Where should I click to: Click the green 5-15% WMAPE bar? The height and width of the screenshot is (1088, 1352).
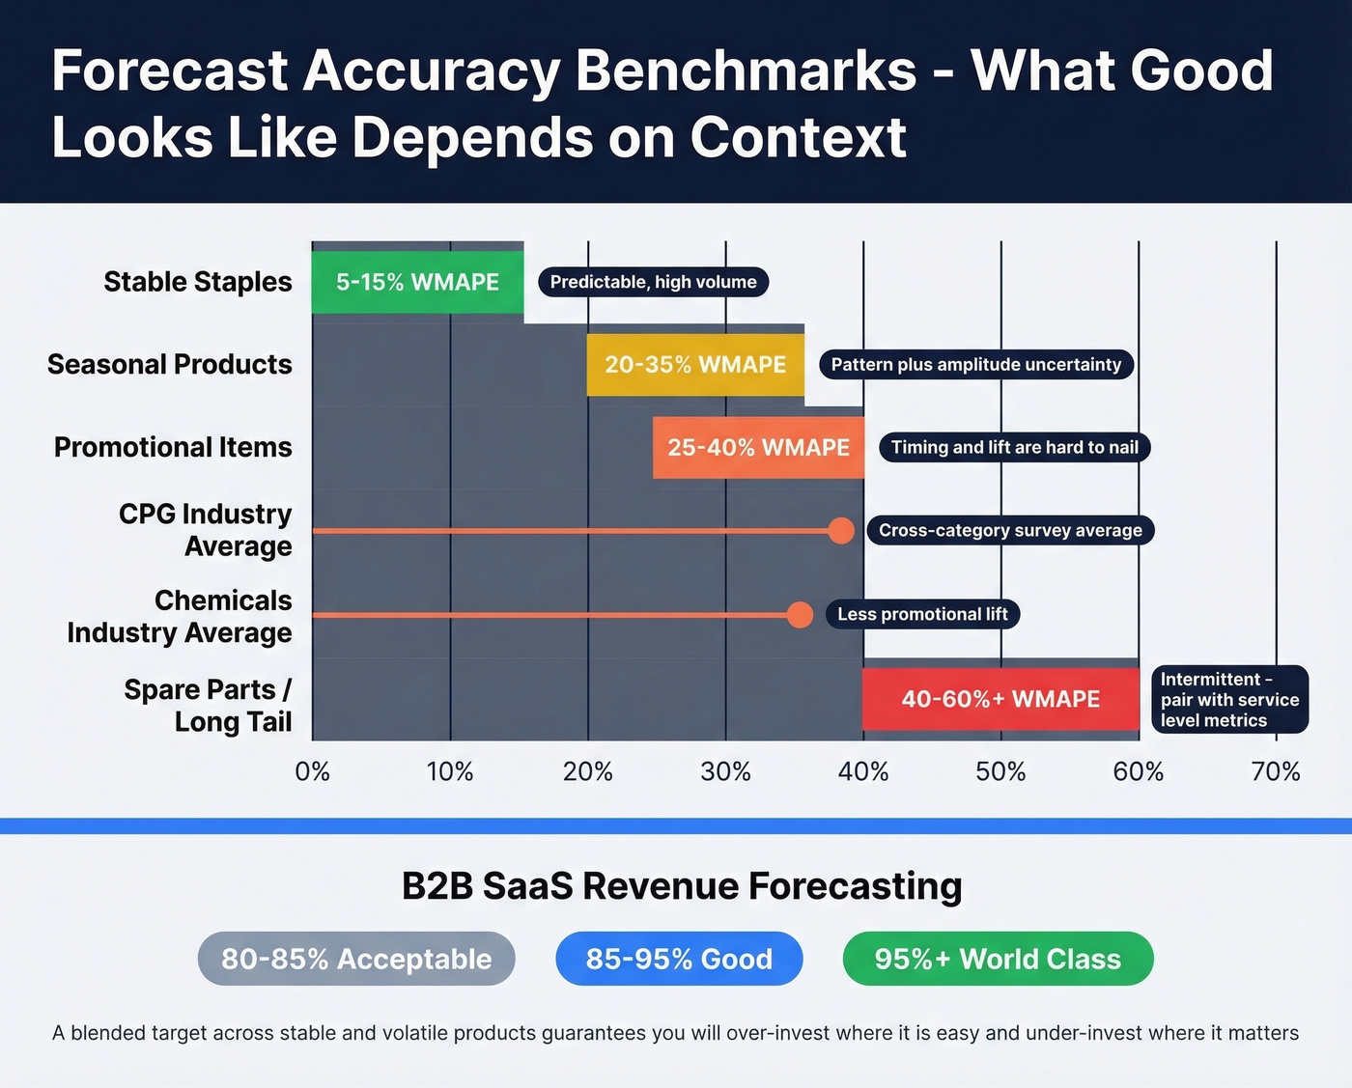(x=417, y=282)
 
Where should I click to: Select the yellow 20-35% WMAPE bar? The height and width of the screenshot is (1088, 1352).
(x=695, y=365)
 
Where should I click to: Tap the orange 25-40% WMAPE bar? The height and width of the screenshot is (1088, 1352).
(x=758, y=448)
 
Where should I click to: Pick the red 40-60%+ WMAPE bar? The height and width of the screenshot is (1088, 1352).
(x=1000, y=699)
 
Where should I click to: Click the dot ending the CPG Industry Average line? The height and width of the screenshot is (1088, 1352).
(x=841, y=531)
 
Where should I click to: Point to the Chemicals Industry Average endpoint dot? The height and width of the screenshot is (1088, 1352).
(x=800, y=615)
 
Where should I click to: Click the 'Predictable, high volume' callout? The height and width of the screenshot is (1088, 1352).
(x=653, y=282)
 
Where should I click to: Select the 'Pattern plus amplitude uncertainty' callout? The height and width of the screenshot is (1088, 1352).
(x=975, y=365)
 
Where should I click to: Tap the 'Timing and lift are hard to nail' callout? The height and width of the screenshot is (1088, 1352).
(x=1014, y=448)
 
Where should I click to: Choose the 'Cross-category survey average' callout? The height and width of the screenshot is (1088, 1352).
(x=1010, y=531)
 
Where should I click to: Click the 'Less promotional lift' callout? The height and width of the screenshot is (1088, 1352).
(x=922, y=615)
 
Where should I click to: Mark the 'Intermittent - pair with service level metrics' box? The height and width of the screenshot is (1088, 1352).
(x=1228, y=700)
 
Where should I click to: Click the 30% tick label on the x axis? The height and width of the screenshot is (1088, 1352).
(x=725, y=772)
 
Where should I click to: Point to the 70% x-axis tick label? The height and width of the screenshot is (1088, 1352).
(x=1276, y=772)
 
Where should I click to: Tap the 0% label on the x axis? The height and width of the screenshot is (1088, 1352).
(x=312, y=772)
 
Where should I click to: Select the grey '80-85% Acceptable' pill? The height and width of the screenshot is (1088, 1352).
(x=356, y=959)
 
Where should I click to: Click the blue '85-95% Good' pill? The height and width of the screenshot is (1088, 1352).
(x=679, y=959)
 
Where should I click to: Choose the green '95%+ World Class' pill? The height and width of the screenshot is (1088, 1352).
(x=998, y=959)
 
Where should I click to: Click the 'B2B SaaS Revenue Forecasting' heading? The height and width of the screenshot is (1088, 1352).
(x=682, y=886)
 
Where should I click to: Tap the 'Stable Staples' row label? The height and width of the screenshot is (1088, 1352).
(x=198, y=282)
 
